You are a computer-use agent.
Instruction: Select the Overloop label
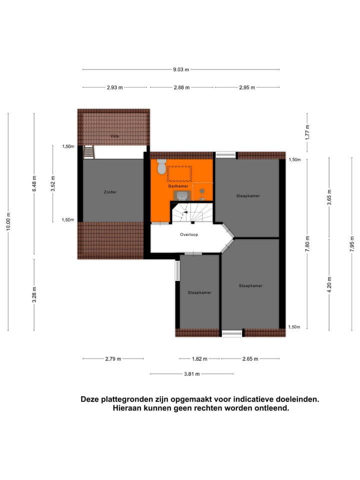coord(189,234)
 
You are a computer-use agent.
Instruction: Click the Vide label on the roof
coord(115,136)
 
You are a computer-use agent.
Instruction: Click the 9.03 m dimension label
coord(180,69)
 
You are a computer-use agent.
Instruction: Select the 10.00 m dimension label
coord(8,221)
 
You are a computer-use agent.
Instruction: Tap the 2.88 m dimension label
coord(181,87)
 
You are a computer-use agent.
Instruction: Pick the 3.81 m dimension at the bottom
coord(191,373)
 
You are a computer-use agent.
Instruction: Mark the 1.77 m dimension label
coord(307,132)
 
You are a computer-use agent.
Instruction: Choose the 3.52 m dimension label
coord(52,183)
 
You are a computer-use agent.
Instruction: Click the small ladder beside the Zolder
coord(89,151)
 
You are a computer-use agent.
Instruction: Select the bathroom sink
coord(183,194)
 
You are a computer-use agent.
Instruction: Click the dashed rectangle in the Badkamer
coord(179,173)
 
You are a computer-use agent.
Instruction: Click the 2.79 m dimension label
coord(113,358)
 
